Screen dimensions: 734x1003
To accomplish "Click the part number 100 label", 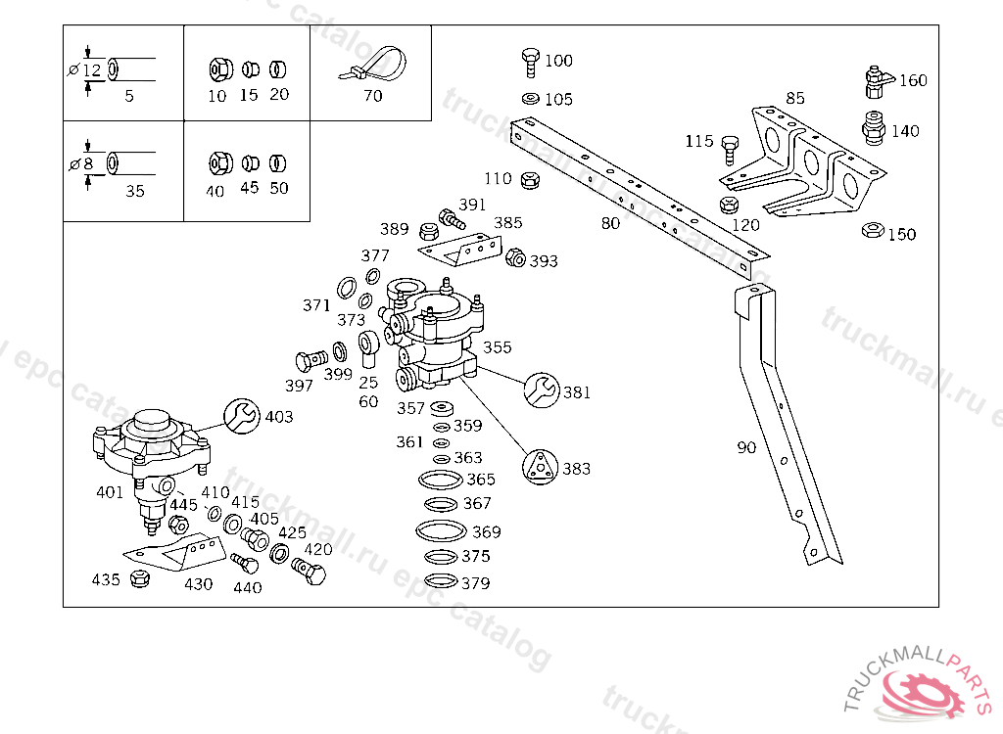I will pyautogui.click(x=558, y=61).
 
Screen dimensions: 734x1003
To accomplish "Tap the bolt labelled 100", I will pyautogui.click(x=531, y=61).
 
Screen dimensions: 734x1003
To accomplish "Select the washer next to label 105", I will pyautogui.click(x=530, y=99).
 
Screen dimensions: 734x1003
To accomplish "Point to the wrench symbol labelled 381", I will pyautogui.click(x=541, y=390).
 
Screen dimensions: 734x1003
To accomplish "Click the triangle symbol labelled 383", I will pyautogui.click(x=540, y=467).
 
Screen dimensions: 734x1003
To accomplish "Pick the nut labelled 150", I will pyautogui.click(x=871, y=231).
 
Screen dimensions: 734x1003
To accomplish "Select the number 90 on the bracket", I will pyautogui.click(x=746, y=448).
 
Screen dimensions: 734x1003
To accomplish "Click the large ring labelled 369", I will pyautogui.click(x=440, y=530).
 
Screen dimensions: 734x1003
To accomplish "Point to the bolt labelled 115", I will pyautogui.click(x=730, y=149).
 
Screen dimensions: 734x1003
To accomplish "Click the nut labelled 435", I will pyautogui.click(x=140, y=577).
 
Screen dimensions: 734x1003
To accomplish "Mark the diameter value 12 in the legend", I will pyautogui.click(x=91, y=70).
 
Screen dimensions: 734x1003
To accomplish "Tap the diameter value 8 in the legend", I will pyautogui.click(x=87, y=164).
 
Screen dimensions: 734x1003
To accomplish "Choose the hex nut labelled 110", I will pyautogui.click(x=531, y=179).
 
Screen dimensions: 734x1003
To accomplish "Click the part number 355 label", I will pyautogui.click(x=497, y=347).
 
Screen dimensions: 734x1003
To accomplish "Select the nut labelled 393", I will pyautogui.click(x=514, y=258).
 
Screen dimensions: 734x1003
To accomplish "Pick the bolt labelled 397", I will pyautogui.click(x=309, y=360).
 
